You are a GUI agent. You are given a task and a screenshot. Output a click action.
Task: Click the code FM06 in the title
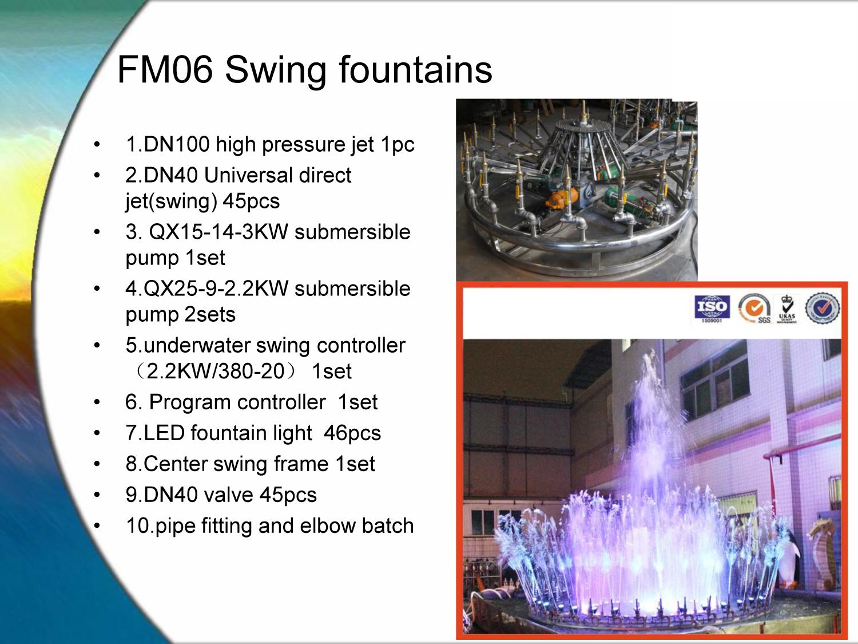(165, 70)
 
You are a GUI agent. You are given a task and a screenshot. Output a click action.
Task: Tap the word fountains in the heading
(415, 70)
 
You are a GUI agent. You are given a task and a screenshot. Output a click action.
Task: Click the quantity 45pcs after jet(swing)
(251, 202)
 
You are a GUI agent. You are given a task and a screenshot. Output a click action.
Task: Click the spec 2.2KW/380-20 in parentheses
(215, 371)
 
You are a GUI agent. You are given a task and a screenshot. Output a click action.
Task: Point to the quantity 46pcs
(352, 433)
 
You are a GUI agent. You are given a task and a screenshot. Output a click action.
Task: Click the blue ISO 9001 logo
(712, 309)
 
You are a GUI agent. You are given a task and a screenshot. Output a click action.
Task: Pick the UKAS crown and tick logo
(788, 309)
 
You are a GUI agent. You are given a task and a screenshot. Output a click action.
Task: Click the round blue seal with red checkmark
(823, 308)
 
